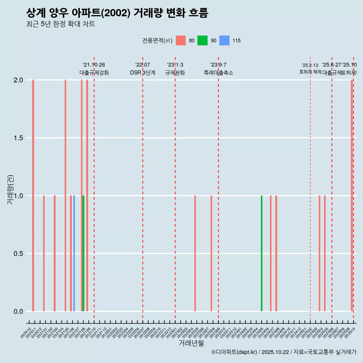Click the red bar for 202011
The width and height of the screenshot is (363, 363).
click(33, 195)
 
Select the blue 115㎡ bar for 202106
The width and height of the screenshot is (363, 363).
click(74, 253)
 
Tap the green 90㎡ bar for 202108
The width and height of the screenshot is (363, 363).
click(83, 253)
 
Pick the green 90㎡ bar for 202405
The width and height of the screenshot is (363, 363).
click(262, 253)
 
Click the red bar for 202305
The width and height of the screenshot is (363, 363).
click(195, 253)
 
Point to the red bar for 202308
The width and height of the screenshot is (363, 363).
click(211, 253)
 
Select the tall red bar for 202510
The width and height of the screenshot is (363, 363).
click(352, 195)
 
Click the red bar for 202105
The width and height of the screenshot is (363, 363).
click(65, 195)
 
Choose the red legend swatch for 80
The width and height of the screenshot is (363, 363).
click(181, 40)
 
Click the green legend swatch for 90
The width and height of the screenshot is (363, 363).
click(203, 40)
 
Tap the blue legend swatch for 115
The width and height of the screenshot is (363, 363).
click(225, 40)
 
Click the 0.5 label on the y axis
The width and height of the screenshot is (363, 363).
click(18, 254)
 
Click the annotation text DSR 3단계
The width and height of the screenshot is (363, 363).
click(143, 73)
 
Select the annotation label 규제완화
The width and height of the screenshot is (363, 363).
click(175, 73)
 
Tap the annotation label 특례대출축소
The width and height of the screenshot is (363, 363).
click(218, 73)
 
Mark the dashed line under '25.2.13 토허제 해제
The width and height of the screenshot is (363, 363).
click(310, 189)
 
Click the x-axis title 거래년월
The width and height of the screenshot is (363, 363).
click(191, 343)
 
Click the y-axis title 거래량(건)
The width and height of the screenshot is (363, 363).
click(11, 190)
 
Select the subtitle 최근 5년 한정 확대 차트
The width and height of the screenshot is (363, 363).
click(60, 24)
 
